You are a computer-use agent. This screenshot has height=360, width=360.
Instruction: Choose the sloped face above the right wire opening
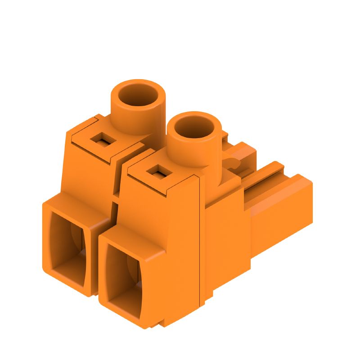tap(144, 211)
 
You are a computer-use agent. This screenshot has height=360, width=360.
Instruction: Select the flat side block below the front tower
tap(225, 238)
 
